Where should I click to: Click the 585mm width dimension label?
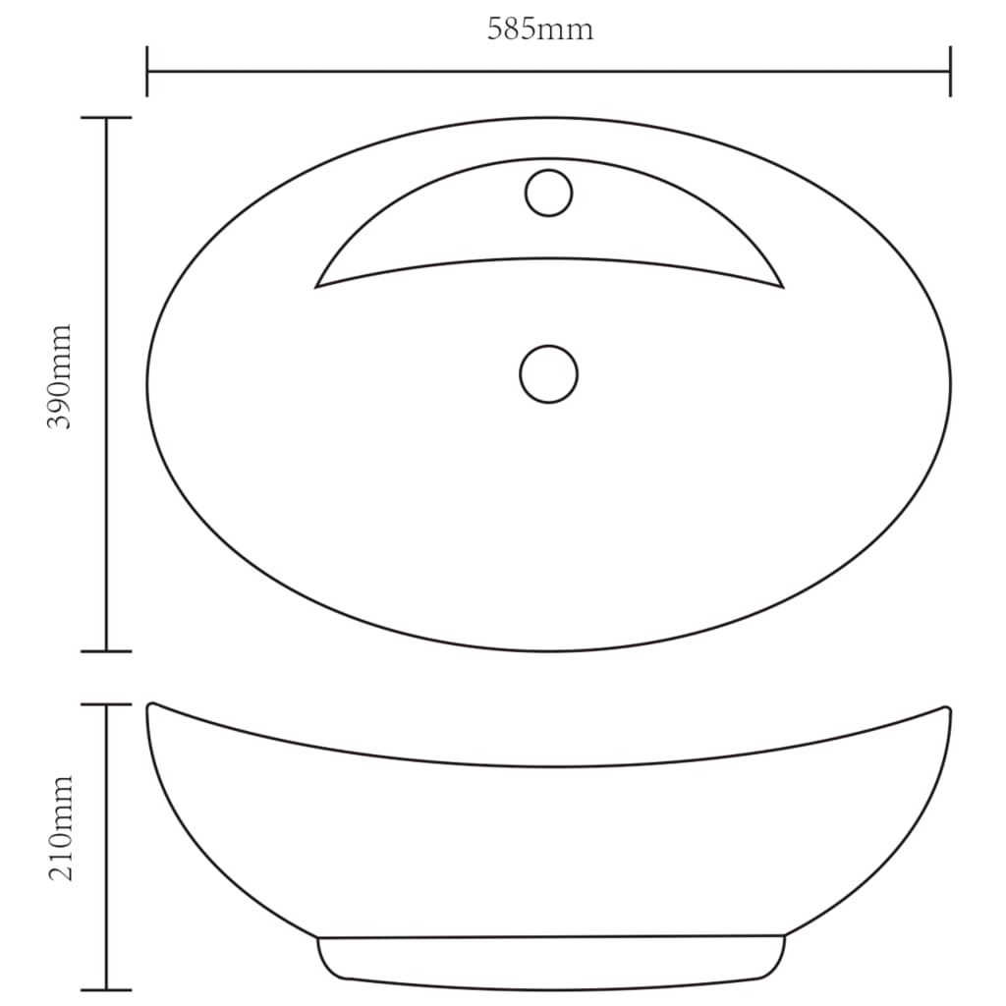540,29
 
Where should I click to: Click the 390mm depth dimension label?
61,376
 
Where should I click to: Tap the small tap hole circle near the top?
548,193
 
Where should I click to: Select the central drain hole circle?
548,373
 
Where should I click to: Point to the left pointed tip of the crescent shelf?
316,287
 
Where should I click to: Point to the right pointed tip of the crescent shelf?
782,287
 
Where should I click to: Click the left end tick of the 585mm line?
147,72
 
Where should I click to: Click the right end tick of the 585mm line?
950,72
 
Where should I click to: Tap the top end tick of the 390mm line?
106,118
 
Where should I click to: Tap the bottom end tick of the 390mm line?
106,650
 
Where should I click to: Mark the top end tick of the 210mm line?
106,704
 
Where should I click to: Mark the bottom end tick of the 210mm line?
106,988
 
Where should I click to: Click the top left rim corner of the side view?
150,705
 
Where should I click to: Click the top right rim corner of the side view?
947,709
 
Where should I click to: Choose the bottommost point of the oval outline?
548,650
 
